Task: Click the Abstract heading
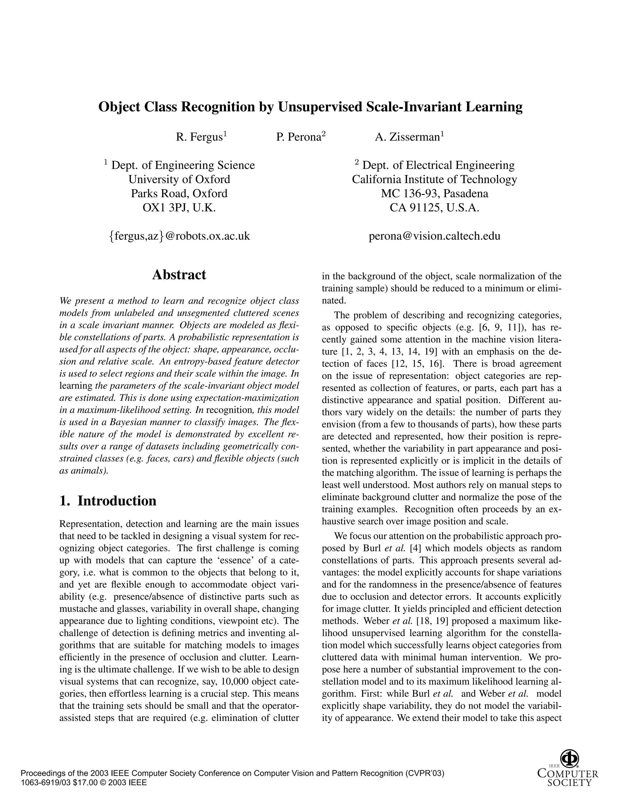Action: tap(179, 275)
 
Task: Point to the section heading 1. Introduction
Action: tap(108, 501)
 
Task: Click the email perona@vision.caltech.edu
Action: tap(435, 236)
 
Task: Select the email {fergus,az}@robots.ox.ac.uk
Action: tap(179, 236)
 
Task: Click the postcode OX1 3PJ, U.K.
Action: tap(179, 208)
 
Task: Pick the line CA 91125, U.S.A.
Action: tap(435, 208)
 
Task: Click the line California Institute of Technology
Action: tap(435, 179)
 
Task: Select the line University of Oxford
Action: tap(179, 179)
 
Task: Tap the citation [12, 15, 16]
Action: tap(418, 364)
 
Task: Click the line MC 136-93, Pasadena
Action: tap(435, 193)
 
